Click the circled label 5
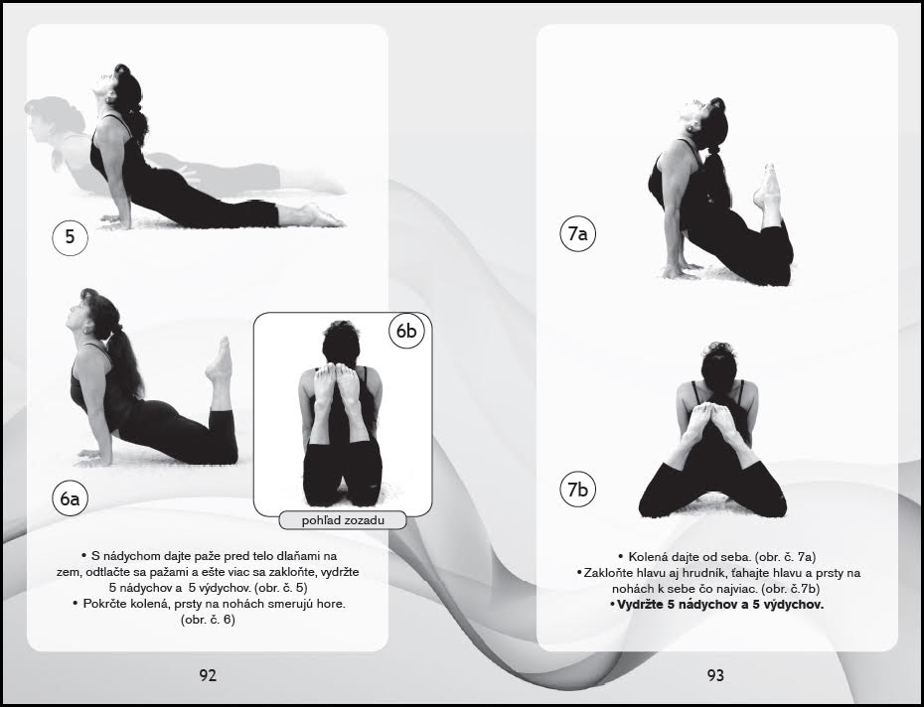pos(71,237)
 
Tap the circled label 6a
pos(71,498)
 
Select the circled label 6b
pos(406,331)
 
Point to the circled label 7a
pos(577,234)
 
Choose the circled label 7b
pos(577,489)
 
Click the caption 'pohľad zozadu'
pos(343,520)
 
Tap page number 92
pos(208,675)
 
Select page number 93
pos(715,675)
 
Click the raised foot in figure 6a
pos(220,359)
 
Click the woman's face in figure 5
pos(104,85)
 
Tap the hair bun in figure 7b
pos(718,349)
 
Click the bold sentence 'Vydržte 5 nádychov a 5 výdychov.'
pos(716,605)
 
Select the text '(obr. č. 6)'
pos(208,620)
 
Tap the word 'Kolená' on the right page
pos(648,557)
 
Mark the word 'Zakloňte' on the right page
pos(606,573)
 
